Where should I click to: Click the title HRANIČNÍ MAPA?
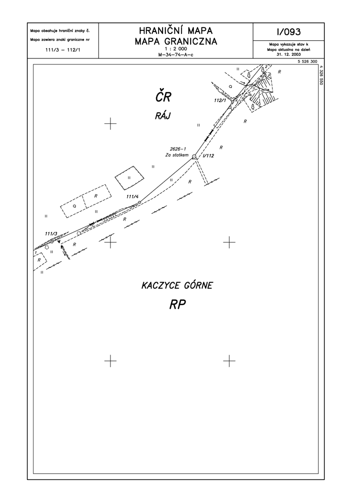175,30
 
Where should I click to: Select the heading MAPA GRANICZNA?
175,41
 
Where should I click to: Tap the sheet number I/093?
288,31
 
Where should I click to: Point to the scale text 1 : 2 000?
175,49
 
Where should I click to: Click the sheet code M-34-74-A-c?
175,54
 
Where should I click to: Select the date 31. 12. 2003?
288,54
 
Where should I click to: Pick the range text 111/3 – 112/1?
62,49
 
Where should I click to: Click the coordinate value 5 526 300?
307,61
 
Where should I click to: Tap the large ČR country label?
163,96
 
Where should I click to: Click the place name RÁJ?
163,115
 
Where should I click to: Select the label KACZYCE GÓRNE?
177,285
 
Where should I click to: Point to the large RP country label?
177,305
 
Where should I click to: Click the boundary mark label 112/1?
219,100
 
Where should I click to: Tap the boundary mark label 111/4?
132,196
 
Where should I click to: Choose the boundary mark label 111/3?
51,233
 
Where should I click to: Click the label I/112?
208,156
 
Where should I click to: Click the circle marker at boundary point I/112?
194,156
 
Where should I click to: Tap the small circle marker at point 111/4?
139,202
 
